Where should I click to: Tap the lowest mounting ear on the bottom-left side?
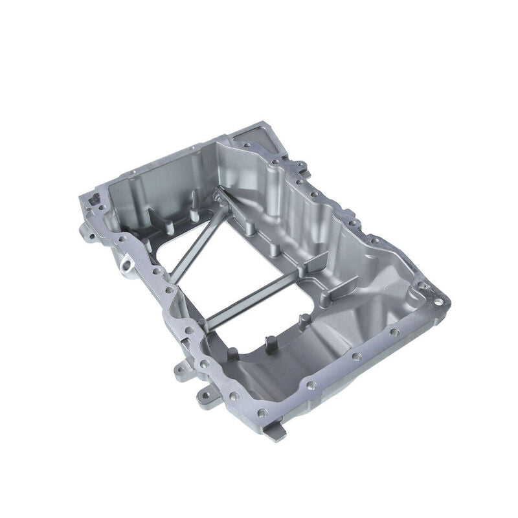coord(206,392)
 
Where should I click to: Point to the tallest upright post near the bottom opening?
coord(267,343)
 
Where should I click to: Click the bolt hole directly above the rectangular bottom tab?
coord(262,412)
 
